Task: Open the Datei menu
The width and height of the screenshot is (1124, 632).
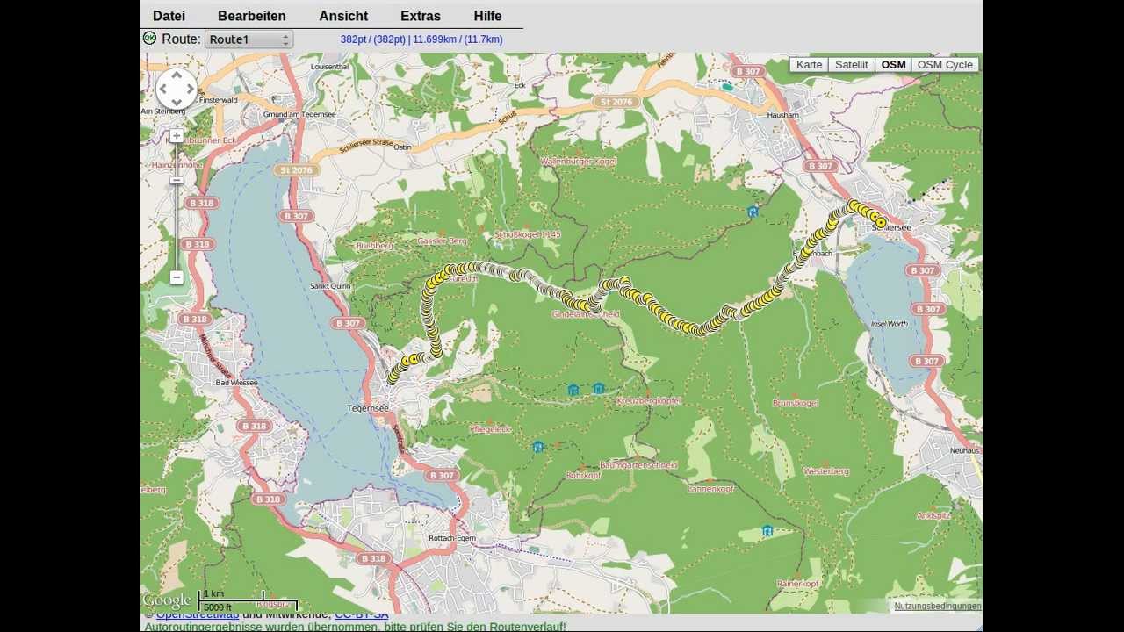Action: pyautogui.click(x=169, y=16)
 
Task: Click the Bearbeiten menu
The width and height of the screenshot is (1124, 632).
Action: pyautogui.click(x=251, y=16)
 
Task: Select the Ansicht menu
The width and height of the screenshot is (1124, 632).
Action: pyautogui.click(x=343, y=16)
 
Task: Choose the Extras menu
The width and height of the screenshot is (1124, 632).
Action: pyautogui.click(x=420, y=16)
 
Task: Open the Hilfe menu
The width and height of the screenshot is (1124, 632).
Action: pyautogui.click(x=487, y=16)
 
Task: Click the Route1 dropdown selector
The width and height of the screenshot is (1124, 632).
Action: pyautogui.click(x=249, y=39)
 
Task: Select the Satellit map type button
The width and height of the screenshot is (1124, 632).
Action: pyautogui.click(x=851, y=65)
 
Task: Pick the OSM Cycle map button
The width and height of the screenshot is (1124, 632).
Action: pyautogui.click(x=945, y=65)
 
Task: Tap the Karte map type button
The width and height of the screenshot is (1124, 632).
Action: pyautogui.click(x=809, y=65)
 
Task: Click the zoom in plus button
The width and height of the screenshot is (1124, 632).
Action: pyautogui.click(x=177, y=136)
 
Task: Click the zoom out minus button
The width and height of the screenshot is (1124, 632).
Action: pyautogui.click(x=177, y=277)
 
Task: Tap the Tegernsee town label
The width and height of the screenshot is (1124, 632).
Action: pyautogui.click(x=368, y=408)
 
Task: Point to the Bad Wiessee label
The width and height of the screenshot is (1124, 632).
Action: pyautogui.click(x=236, y=383)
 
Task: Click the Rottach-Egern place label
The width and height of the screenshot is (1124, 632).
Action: pyautogui.click(x=452, y=538)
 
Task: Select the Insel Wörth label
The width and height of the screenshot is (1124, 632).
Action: pyautogui.click(x=889, y=324)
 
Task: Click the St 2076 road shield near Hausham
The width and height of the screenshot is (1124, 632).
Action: pyautogui.click(x=616, y=102)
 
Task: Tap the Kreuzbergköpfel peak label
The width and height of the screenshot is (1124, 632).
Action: pyautogui.click(x=648, y=401)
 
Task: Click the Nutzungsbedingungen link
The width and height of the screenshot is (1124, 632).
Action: pyautogui.click(x=937, y=607)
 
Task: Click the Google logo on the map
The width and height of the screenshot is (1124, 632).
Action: pyautogui.click(x=167, y=601)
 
